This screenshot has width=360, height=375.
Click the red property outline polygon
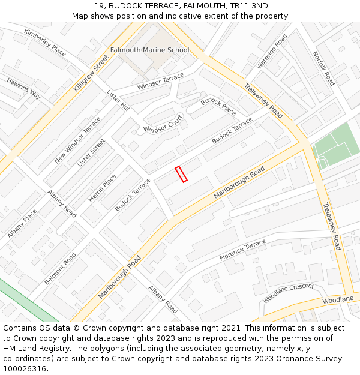(x=181, y=174)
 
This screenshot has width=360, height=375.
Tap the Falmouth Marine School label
(x=149, y=50)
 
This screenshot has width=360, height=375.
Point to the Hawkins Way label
(x=24, y=88)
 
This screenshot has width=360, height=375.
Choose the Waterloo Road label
(x=272, y=51)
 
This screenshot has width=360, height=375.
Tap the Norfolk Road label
(x=323, y=68)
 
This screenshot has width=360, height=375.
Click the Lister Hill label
(x=118, y=100)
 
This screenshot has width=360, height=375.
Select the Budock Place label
(x=218, y=107)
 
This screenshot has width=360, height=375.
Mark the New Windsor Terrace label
(x=77, y=140)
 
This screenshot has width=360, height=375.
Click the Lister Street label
(x=91, y=152)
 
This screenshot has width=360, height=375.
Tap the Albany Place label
(x=22, y=224)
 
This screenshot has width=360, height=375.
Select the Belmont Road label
(x=60, y=268)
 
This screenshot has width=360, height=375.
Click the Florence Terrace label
(x=242, y=250)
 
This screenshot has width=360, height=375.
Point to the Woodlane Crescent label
(x=288, y=293)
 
